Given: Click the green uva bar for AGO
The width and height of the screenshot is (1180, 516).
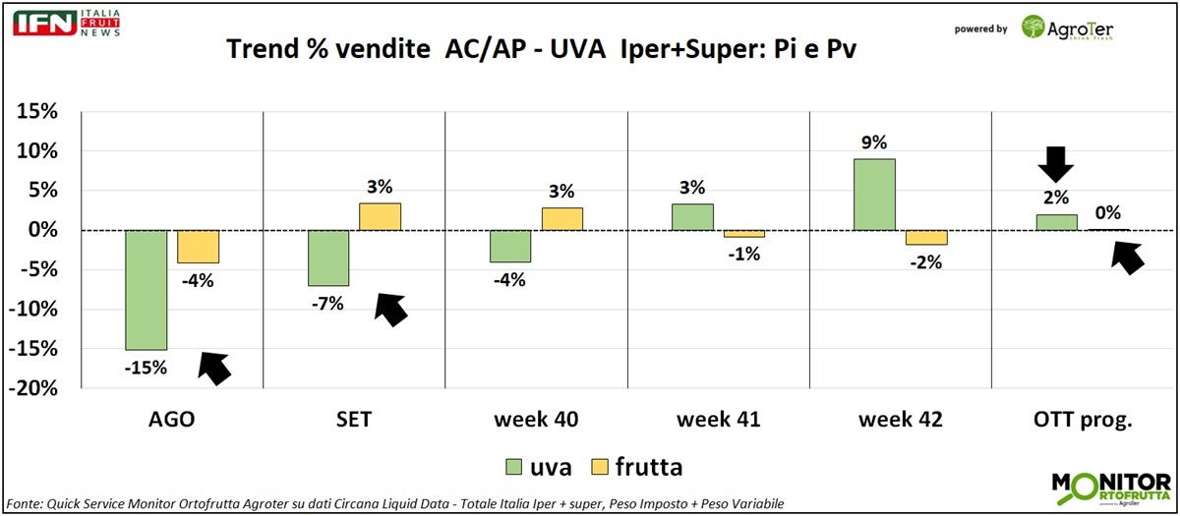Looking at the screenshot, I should (146, 289).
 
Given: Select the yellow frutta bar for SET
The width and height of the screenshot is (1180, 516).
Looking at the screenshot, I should (380, 216).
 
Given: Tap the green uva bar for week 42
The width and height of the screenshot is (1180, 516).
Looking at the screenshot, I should (874, 195).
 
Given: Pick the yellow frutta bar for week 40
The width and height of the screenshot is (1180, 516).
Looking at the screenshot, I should (562, 218).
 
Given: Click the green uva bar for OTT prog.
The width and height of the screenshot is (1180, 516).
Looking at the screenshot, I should (1057, 222).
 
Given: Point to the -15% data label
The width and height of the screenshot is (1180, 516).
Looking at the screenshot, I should (146, 369).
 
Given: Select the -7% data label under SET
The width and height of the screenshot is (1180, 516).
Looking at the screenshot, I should (327, 304).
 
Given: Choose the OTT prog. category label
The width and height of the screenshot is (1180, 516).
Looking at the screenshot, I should (1084, 420).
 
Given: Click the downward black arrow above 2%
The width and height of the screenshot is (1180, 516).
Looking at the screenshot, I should (1056, 163).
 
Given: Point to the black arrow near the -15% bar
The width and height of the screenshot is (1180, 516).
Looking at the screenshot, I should (215, 367).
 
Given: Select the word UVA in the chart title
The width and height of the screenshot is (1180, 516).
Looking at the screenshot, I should (582, 50).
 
